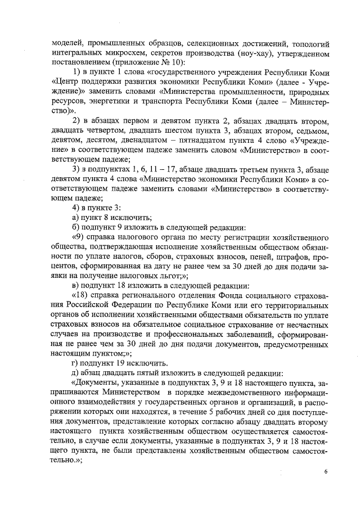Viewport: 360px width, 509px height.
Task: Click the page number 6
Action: [x=325, y=471]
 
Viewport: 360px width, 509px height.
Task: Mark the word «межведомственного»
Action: [x=245, y=393]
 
